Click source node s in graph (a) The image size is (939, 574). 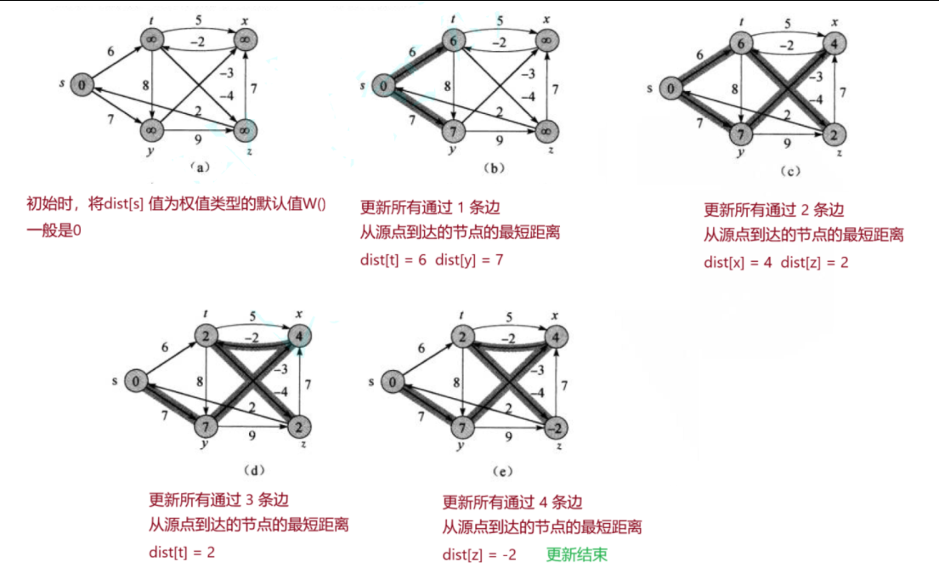pos(82,84)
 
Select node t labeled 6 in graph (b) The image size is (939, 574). pos(454,40)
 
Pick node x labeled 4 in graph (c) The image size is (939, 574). pos(836,46)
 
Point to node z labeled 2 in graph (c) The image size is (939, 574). pos(836,136)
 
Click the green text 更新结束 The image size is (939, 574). pos(576,555)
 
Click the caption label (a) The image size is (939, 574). pos(198,167)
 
